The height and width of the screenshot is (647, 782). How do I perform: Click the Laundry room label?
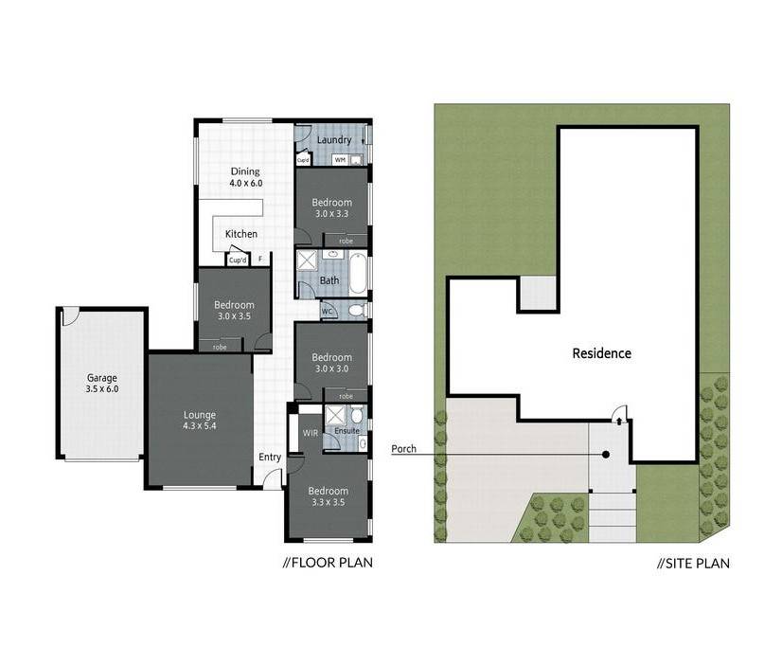[334, 140]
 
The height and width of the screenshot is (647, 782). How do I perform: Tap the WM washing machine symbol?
[340, 160]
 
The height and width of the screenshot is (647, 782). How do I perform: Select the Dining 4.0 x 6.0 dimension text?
[246, 183]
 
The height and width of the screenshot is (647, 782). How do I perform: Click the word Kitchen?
[241, 234]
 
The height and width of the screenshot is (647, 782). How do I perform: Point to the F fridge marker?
[259, 260]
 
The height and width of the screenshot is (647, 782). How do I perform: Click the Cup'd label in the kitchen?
[238, 261]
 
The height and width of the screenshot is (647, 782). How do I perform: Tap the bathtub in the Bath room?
[358, 274]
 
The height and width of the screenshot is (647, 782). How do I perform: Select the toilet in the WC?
[357, 311]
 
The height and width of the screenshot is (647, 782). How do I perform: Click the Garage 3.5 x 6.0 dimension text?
[102, 389]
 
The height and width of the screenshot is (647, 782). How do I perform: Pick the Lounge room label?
[200, 415]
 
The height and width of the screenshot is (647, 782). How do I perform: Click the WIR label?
[311, 433]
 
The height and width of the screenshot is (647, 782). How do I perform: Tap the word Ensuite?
[347, 430]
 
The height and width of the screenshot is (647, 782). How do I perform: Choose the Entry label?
[270, 458]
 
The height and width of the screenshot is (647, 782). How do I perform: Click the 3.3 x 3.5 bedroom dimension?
[329, 502]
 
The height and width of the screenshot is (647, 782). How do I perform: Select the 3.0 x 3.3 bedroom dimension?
[331, 214]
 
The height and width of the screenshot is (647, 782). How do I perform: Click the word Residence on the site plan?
[601, 353]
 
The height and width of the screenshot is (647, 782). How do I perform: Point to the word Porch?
[404, 449]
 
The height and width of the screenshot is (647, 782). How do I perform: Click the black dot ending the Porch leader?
[606, 455]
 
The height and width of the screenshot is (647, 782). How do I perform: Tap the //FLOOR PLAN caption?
[328, 563]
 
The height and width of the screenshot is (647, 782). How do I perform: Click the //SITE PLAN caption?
[694, 564]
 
